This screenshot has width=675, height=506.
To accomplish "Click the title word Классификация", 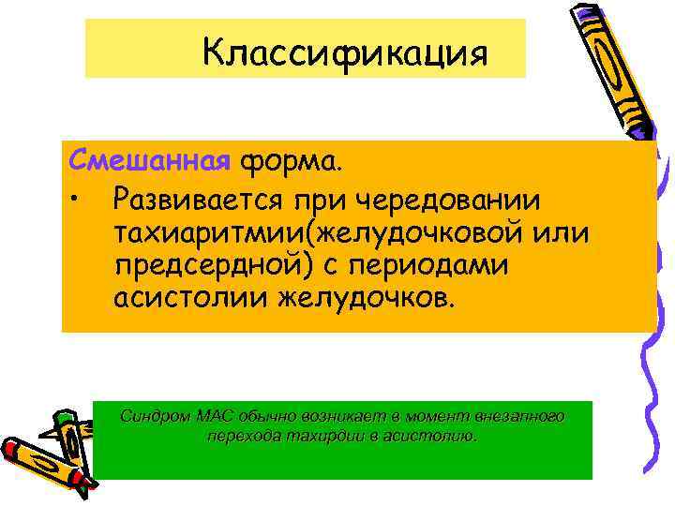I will pyautogui.click(x=344, y=52).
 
